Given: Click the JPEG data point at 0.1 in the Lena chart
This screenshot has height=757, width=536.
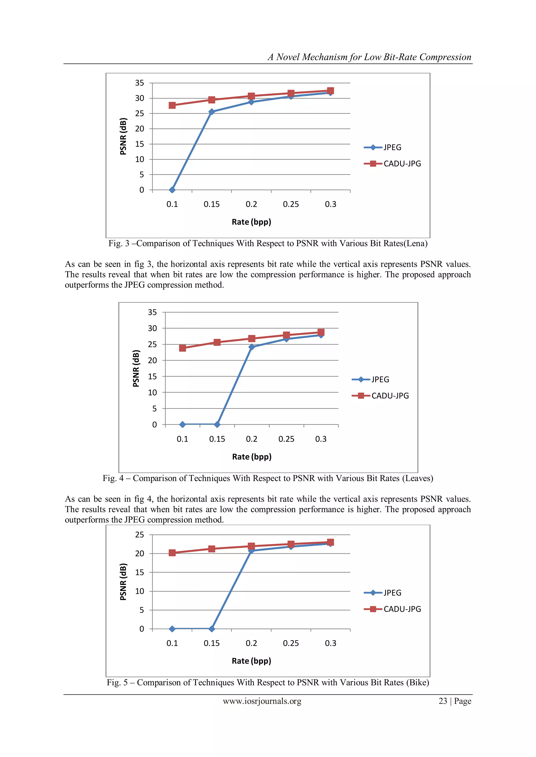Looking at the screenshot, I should click(x=172, y=190).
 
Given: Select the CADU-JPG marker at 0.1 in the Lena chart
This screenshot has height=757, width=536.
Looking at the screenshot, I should click(x=172, y=105).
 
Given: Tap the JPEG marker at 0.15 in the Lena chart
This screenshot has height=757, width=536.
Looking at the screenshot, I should click(x=211, y=112).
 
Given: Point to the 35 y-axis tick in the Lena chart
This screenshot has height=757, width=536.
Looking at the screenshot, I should click(x=139, y=83).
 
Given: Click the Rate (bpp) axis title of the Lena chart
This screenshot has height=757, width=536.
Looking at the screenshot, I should click(x=251, y=222).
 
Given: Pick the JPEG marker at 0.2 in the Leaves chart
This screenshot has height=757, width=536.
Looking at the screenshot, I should click(x=252, y=347).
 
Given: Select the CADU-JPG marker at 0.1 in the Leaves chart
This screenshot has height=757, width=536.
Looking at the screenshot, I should click(x=182, y=348).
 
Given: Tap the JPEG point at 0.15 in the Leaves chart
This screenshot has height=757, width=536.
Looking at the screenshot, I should click(x=217, y=424).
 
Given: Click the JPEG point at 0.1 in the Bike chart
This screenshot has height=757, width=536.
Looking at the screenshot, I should click(x=172, y=629).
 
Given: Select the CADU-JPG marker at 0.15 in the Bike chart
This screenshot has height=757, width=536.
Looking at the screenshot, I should click(x=211, y=549).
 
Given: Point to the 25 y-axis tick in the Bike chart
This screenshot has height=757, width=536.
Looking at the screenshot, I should click(x=139, y=535).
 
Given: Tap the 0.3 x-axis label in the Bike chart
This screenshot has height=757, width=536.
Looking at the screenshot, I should click(x=330, y=643).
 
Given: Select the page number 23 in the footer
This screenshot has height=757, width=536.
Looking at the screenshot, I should click(x=443, y=701).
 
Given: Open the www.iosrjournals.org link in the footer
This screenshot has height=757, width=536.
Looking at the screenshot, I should click(x=262, y=701).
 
